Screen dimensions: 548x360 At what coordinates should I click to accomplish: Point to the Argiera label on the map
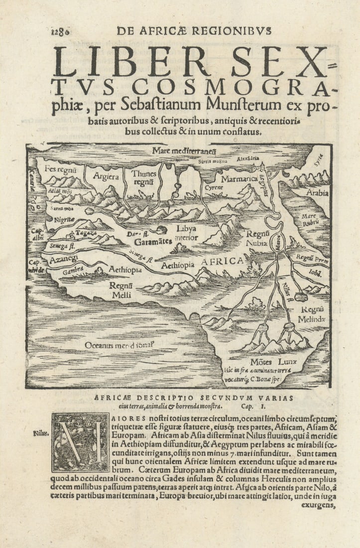coord(106,177)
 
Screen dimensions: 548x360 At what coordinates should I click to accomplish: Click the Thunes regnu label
coord(144,178)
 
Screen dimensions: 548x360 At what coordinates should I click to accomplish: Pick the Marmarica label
coord(239,178)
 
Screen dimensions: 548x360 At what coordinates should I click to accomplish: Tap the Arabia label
coord(317,193)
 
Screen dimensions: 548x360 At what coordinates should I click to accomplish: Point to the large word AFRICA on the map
coord(222,261)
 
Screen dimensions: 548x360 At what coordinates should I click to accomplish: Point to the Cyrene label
coord(214,188)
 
